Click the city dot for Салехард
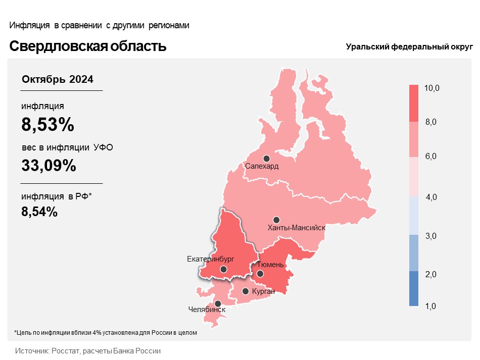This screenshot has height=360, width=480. (266, 159)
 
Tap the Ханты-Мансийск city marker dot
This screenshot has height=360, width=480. (276, 220)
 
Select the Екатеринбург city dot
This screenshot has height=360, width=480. (224, 270)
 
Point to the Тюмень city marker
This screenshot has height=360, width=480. (260, 274)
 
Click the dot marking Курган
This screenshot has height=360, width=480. (246, 291)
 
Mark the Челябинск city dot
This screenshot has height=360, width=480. (218, 303)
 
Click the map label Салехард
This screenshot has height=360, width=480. (262, 166)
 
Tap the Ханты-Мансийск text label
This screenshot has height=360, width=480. (296, 228)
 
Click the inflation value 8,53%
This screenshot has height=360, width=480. (48, 124)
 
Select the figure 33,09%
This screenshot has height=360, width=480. (49, 165)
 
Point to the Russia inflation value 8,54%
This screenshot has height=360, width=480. (39, 212)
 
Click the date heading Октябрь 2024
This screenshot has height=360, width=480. (58, 79)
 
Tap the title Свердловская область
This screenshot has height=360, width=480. (88, 46)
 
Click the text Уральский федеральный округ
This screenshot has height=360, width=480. (409, 47)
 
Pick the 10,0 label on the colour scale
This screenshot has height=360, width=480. (432, 88)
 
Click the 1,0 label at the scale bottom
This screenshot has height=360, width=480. (431, 306)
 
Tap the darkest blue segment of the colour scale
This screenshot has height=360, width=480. (414, 288)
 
